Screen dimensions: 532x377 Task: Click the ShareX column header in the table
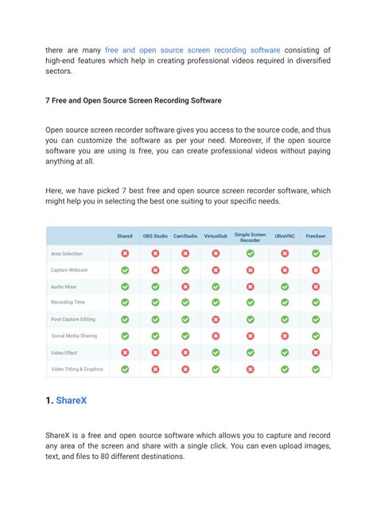coord(125,236)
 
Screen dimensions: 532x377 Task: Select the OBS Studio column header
coord(155,236)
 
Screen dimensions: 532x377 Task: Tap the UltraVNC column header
coord(285,236)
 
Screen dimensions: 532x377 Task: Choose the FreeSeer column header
coord(316,236)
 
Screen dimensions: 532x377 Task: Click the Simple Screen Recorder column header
coord(250,236)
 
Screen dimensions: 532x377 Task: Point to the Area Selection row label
coord(67,254)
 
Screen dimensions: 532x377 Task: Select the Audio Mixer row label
coord(64,286)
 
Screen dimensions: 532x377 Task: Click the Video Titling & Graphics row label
coord(77,369)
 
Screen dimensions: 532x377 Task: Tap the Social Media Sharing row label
coord(74,336)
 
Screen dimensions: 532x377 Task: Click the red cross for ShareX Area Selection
coord(125,254)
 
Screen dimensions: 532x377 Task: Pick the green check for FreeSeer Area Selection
coord(316,254)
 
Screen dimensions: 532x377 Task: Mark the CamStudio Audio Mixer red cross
coord(185,286)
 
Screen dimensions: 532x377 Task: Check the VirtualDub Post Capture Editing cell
coord(216,319)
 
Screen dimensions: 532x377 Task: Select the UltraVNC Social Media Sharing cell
coord(285,336)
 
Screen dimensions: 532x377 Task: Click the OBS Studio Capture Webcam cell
coord(155,270)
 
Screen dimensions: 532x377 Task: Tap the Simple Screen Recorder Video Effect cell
coord(250,352)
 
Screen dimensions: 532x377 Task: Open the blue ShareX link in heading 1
coord(72,400)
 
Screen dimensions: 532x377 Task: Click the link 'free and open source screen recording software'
coord(192,50)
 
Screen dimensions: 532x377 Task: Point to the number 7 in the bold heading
coord(49,101)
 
